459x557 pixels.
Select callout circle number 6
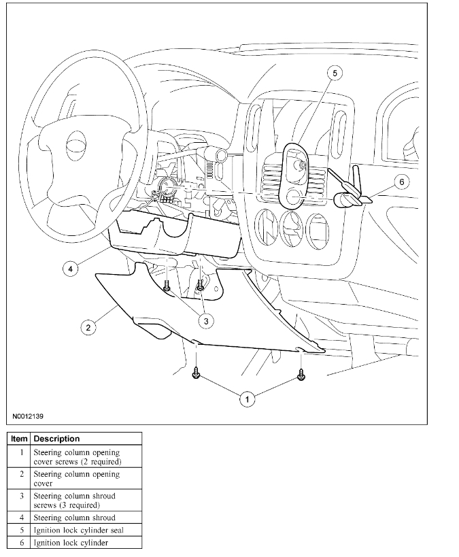pyautogui.click(x=401, y=182)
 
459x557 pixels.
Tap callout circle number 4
pyautogui.click(x=70, y=269)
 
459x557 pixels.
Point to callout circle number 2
pyautogui.click(x=87, y=327)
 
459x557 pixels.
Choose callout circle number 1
pyautogui.click(x=248, y=399)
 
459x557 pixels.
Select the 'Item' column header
pyautogui.click(x=19, y=439)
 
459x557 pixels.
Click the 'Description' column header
pyautogui.click(x=56, y=439)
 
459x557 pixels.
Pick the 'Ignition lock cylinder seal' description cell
pyautogui.click(x=78, y=530)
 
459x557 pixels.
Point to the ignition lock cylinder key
pyautogui.click(x=354, y=197)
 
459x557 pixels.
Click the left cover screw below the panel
pyautogui.click(x=196, y=373)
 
